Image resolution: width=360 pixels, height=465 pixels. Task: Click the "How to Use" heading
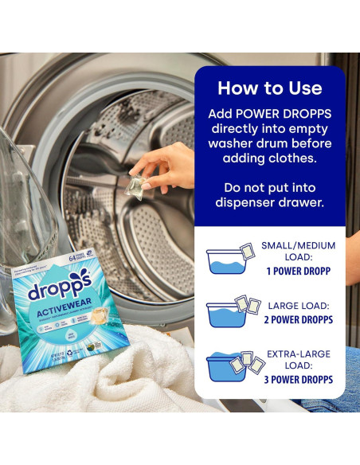click(270, 88)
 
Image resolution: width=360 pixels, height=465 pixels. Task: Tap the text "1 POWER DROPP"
click(296, 271)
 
